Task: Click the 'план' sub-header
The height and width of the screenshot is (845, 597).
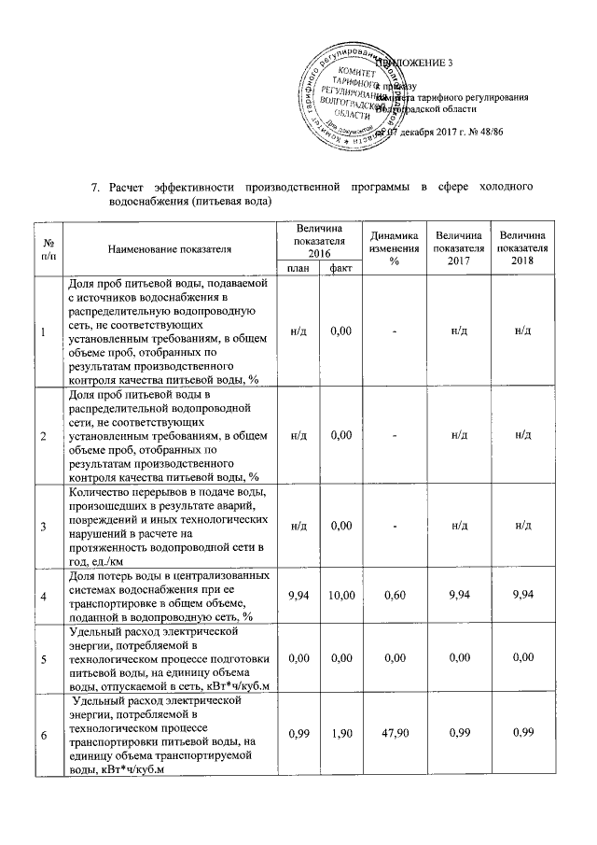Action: pos(298,268)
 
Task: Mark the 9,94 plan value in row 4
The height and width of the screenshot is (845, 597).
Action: pos(298,596)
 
